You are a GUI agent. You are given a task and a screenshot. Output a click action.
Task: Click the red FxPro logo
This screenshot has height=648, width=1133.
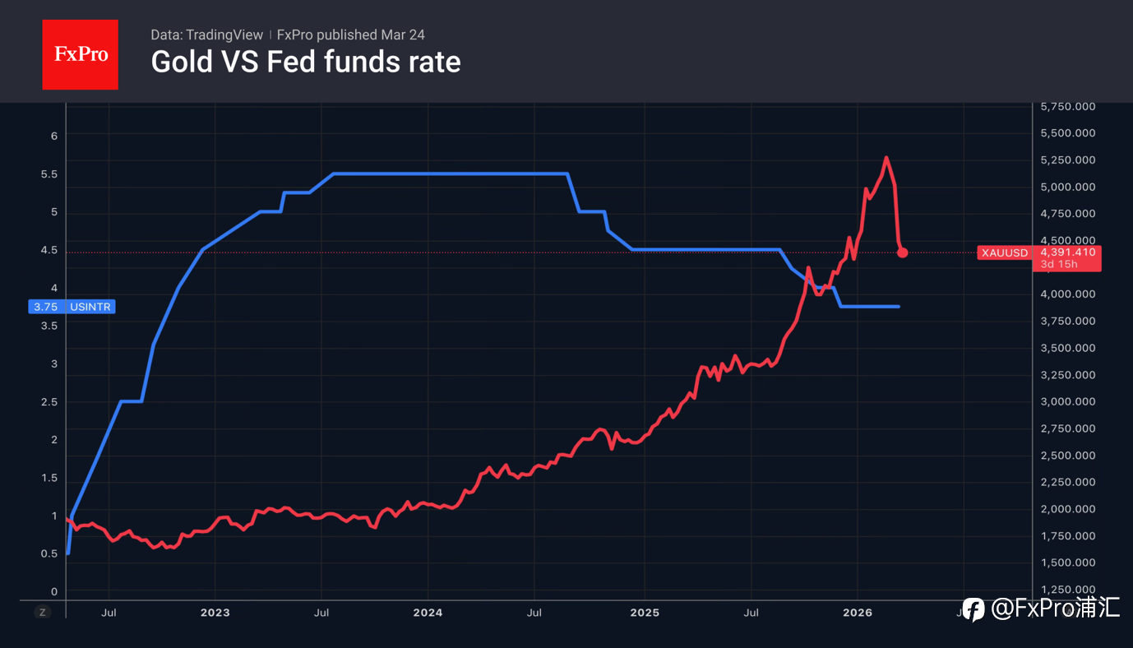(x=80, y=54)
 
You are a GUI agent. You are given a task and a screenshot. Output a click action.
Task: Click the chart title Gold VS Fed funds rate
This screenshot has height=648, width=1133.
(x=305, y=62)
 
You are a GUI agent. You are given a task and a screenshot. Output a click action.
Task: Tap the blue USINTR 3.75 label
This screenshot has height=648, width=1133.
(x=72, y=307)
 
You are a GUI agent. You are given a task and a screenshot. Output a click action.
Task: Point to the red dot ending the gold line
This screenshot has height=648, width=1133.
(x=902, y=252)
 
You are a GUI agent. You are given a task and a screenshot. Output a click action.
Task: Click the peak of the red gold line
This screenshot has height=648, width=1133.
(x=886, y=157)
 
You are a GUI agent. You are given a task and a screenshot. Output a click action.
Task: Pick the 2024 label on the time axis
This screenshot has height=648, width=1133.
(x=428, y=613)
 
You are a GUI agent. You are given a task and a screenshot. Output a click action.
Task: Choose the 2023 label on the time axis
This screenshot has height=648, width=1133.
(x=215, y=613)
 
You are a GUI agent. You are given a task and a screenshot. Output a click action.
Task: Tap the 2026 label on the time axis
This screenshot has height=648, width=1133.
(x=857, y=613)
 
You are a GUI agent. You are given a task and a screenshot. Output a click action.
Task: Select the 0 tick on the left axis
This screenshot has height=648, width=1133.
(x=54, y=591)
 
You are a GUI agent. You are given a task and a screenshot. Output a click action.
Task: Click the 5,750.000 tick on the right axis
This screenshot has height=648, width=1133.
(x=1067, y=107)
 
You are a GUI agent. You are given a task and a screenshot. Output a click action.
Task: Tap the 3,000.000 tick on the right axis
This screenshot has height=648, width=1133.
(x=1067, y=401)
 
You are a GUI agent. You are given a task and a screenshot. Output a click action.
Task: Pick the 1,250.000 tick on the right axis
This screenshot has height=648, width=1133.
(x=1067, y=590)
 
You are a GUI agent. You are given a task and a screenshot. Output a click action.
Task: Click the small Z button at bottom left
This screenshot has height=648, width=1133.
(x=44, y=612)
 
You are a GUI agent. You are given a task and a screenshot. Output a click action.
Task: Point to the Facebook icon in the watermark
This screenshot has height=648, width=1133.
(x=973, y=609)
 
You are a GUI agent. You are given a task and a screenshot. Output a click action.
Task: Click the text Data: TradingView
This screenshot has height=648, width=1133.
(x=206, y=35)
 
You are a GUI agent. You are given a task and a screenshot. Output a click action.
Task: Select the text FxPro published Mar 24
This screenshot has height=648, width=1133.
(x=350, y=35)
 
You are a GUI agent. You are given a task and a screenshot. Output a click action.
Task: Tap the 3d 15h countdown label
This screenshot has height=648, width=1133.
(x=1057, y=264)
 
